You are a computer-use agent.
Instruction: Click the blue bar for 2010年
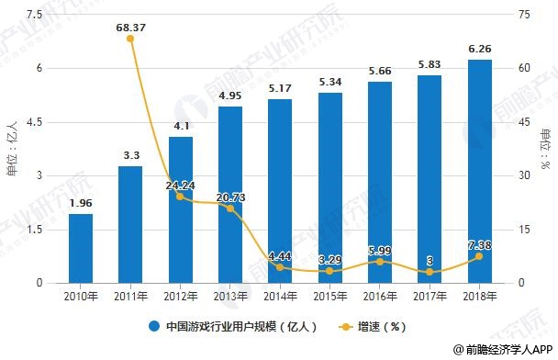(x=81, y=248)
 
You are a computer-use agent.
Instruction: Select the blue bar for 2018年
(x=479, y=171)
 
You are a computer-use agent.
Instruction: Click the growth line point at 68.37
(x=130, y=39)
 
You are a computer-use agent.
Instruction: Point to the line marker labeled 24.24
(x=180, y=197)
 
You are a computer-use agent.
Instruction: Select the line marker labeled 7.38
(x=479, y=256)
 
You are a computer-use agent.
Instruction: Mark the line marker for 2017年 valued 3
(x=430, y=272)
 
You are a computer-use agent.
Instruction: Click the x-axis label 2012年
(x=180, y=296)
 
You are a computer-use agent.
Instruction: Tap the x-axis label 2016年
(x=379, y=296)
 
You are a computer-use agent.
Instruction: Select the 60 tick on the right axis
(x=524, y=68)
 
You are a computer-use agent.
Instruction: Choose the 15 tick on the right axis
(x=524, y=229)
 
